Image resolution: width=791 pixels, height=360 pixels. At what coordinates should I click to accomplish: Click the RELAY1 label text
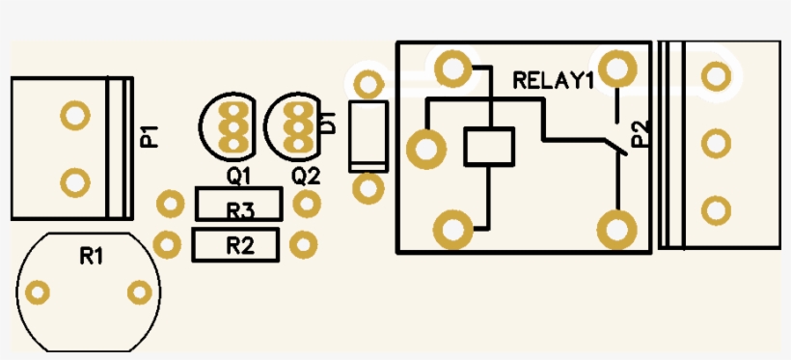(x=554, y=81)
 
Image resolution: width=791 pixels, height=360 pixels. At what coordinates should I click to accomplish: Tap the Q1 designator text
(x=238, y=177)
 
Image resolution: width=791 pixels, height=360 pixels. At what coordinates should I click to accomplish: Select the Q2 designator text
(x=306, y=177)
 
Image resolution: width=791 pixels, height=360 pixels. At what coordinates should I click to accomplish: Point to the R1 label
(x=92, y=257)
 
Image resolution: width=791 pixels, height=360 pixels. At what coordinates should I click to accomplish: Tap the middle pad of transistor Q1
(x=232, y=126)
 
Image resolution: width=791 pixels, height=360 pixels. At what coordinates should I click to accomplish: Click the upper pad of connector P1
(x=75, y=115)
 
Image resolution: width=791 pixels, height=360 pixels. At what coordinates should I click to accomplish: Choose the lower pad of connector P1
(x=75, y=182)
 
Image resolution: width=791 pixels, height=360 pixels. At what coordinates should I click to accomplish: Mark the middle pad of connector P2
(x=716, y=144)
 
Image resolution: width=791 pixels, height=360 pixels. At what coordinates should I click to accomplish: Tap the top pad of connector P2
(x=716, y=76)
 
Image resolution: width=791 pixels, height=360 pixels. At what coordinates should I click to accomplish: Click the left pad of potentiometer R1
(x=38, y=291)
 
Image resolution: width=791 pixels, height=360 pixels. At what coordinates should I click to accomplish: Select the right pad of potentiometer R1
(x=140, y=291)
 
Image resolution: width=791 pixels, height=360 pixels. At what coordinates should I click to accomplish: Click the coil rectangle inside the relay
(x=489, y=128)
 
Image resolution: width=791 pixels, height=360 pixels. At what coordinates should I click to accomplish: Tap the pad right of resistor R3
(x=307, y=204)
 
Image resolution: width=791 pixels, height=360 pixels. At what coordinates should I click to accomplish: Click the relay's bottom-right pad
(x=616, y=230)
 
